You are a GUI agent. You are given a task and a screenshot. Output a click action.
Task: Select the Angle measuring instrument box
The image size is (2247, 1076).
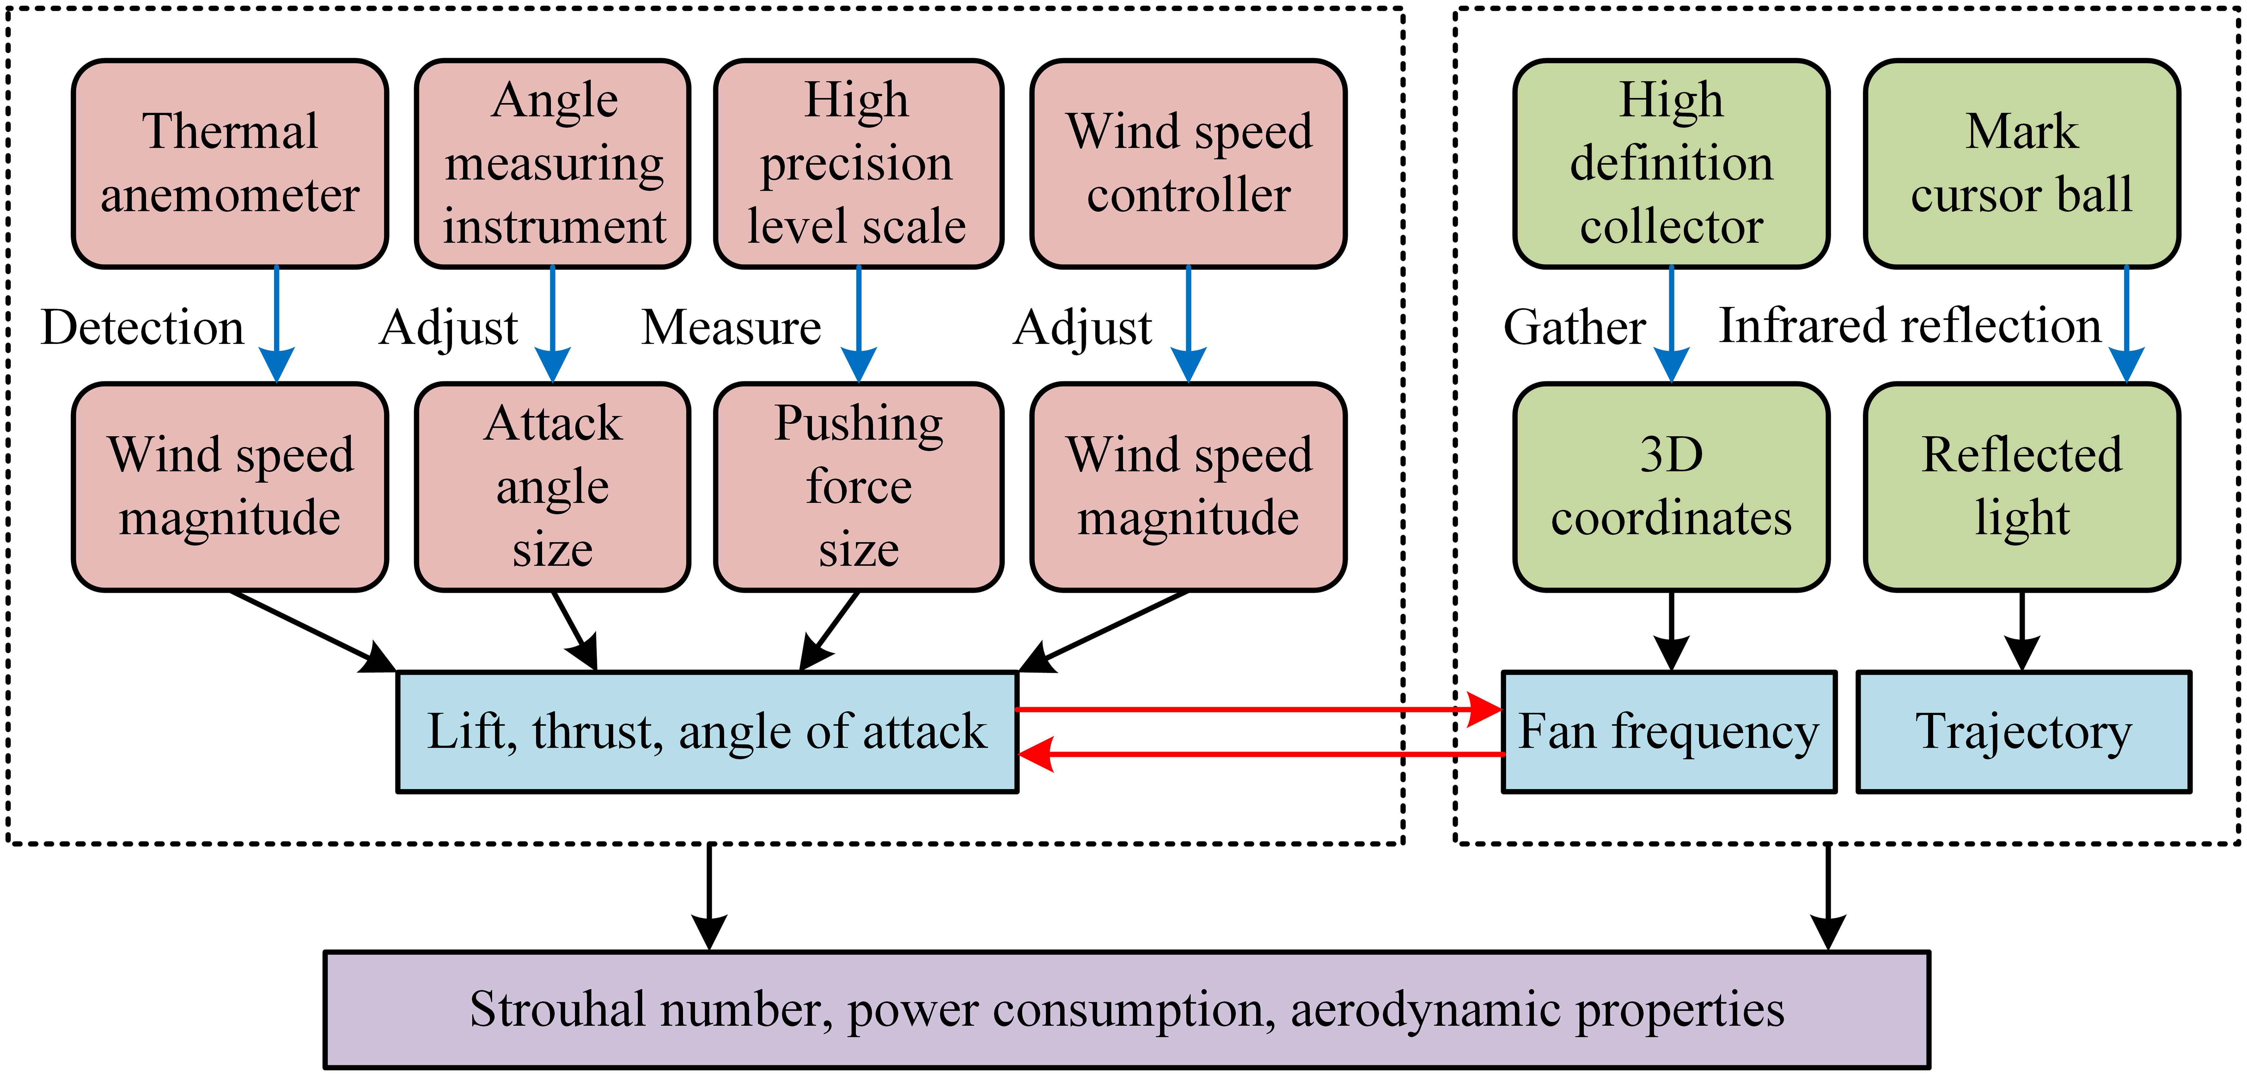tap(553, 163)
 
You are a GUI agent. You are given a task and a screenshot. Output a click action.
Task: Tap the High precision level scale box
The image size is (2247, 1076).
tap(858, 163)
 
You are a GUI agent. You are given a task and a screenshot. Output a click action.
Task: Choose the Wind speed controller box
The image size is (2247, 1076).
tap(1188, 163)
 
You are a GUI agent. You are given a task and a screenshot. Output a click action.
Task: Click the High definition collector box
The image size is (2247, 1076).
tap(1671, 163)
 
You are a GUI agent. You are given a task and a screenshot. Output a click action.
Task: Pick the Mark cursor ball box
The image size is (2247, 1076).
tap(2022, 163)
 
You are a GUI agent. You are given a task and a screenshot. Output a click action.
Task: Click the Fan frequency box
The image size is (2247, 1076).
tap(1669, 731)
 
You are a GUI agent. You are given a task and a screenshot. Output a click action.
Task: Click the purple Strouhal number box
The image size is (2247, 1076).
tap(1126, 1010)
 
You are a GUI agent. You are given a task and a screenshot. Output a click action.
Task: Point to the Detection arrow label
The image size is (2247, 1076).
tap(142, 328)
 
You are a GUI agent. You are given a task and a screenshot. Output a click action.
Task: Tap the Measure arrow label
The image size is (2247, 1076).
tap(731, 328)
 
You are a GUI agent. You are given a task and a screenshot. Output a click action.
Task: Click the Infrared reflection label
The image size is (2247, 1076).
tap(1909, 326)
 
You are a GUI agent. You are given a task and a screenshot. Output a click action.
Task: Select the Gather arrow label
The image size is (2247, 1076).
tap(1575, 328)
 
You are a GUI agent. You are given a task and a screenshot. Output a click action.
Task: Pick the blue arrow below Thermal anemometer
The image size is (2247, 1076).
tap(277, 323)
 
